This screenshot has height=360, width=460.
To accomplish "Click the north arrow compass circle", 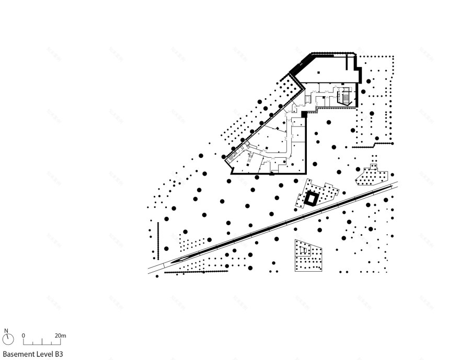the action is click(x=8, y=340).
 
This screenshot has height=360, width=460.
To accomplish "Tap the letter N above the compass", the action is click(x=7, y=331).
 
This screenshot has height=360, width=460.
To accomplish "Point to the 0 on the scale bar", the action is click(x=24, y=335).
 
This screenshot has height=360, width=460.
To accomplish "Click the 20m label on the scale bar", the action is click(x=60, y=335).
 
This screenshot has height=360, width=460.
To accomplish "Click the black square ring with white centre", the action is click(x=312, y=199).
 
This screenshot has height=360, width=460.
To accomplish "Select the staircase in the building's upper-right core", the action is click(x=344, y=97).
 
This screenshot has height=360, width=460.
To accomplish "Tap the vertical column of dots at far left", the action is click(x=157, y=240).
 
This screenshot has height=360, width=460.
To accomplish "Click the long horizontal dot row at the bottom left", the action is click(x=197, y=271).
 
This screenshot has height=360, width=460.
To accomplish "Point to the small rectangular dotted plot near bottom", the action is click(x=308, y=256).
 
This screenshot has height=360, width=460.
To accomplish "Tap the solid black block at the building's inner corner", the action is click(x=304, y=113).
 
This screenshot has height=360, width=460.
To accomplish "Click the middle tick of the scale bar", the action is click(x=42, y=343).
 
